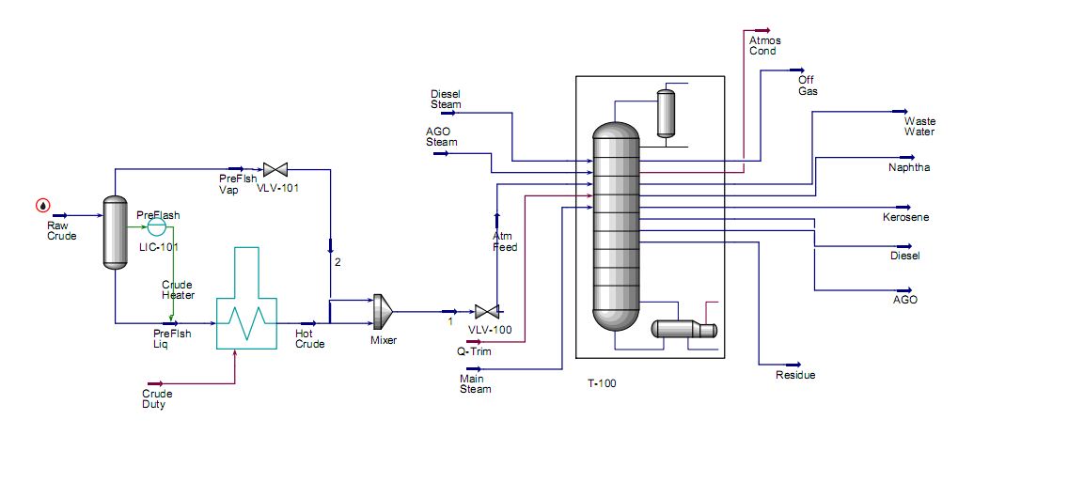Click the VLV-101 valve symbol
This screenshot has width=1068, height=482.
(275, 170)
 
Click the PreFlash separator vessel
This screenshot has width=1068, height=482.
(115, 232)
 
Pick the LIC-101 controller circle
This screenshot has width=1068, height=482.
(156, 226)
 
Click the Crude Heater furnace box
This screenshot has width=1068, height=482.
(246, 310)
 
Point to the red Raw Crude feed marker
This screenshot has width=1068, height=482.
(43, 206)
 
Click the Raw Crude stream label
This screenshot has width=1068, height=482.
(61, 231)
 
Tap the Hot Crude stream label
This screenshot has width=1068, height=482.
(309, 338)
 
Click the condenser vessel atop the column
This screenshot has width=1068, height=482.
(667, 113)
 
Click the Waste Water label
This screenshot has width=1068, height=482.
(919, 126)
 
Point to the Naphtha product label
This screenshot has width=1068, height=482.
(908, 168)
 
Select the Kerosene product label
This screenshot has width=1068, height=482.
(905, 218)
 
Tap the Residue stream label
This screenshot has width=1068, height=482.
(795, 375)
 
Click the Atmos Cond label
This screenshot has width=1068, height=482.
(764, 45)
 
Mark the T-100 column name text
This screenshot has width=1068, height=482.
(601, 383)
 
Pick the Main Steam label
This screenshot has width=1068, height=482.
(475, 383)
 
